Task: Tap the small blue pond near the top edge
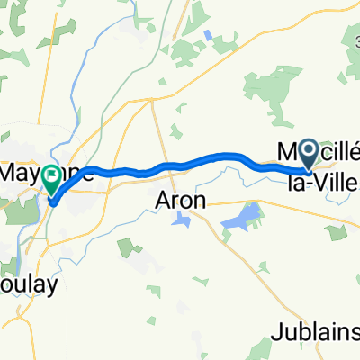pos(209,36)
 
